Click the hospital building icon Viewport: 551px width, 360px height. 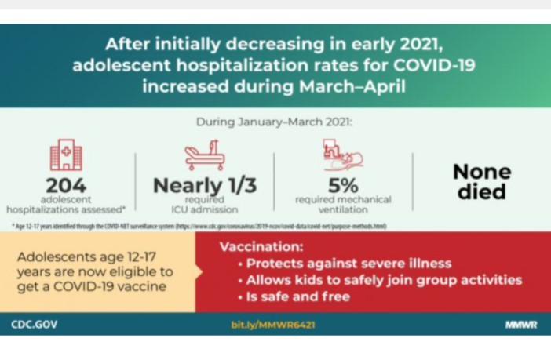[x=66, y=155]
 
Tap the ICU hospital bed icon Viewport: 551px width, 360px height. [x=205, y=155]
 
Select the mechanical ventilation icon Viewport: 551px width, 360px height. [x=343, y=155]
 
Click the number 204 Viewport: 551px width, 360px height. [x=66, y=185]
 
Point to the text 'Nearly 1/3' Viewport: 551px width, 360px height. [x=205, y=186]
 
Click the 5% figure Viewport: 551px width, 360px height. [x=343, y=186]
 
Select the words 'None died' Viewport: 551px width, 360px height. [x=481, y=181]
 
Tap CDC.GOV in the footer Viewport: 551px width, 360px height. [x=35, y=324]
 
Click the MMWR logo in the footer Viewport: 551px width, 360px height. [x=521, y=324]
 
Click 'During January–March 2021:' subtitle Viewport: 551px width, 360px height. [x=274, y=122]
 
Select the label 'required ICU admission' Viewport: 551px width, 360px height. [x=205, y=205]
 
